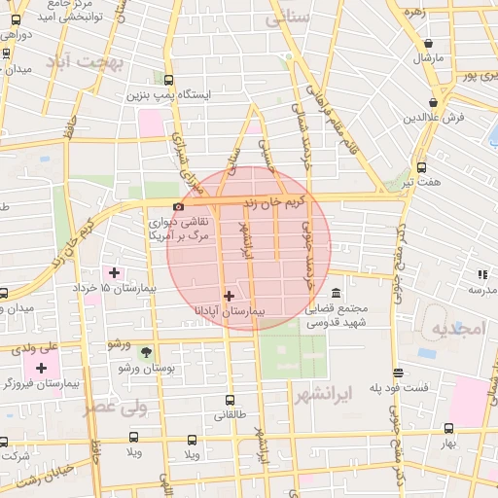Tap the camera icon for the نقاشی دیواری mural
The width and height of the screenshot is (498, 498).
pyautogui.click(x=177, y=206)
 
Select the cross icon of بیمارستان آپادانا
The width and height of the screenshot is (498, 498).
pyautogui.click(x=229, y=296)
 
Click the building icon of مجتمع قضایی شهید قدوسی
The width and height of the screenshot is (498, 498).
pyautogui.click(x=336, y=294)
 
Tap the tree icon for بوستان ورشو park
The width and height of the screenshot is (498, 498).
pyautogui.click(x=146, y=352)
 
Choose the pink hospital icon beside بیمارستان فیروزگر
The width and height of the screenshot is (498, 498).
pyautogui.click(x=41, y=368)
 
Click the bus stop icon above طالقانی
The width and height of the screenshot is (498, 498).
pyautogui.click(x=230, y=400)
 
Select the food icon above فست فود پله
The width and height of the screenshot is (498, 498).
pyautogui.click(x=398, y=373)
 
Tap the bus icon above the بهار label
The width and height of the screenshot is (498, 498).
pyautogui.click(x=448, y=428)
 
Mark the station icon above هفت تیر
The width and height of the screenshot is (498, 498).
pyautogui.click(x=420, y=167)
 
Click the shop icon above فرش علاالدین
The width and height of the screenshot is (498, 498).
pyautogui.click(x=433, y=102)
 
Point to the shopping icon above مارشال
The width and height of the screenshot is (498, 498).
pyautogui.click(x=429, y=42)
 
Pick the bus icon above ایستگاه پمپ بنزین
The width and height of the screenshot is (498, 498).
pyautogui.click(x=169, y=80)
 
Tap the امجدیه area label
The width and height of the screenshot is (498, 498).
pyautogui.click(x=457, y=329)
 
